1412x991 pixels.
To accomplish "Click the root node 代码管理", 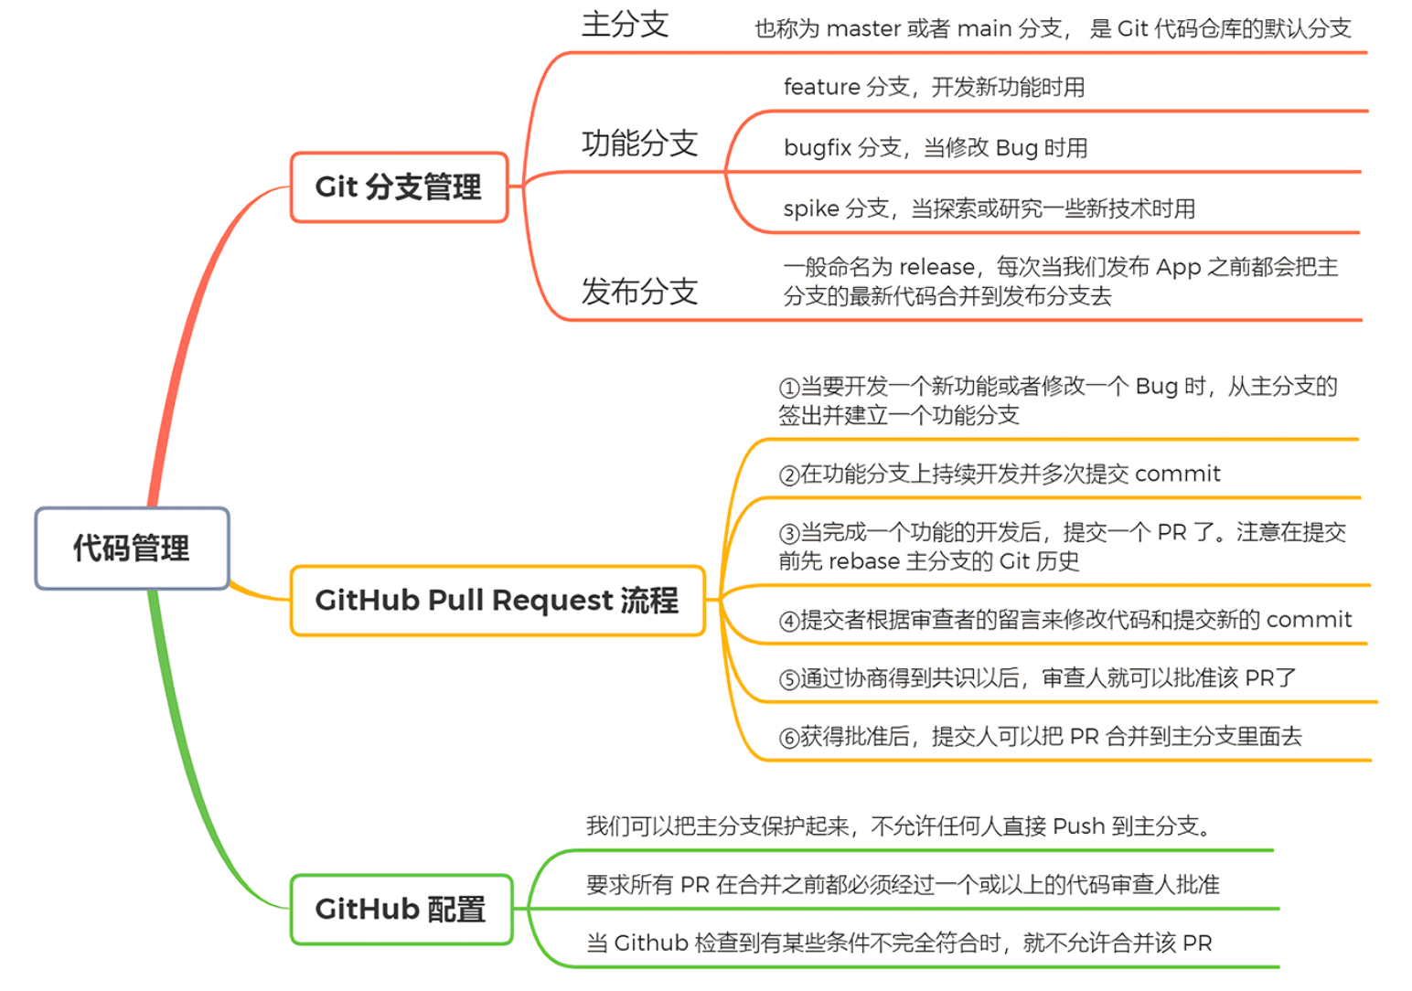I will click(x=132, y=549).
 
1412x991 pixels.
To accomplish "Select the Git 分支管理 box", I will click(x=399, y=187).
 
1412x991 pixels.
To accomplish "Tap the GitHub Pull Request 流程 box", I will click(x=497, y=601).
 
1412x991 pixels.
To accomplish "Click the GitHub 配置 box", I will click(x=401, y=910).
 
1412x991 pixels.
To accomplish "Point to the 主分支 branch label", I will click(x=626, y=25).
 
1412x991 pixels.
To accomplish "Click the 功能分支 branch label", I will click(x=640, y=144).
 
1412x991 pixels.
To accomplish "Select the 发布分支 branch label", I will click(x=640, y=292).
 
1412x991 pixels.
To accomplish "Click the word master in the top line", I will click(x=864, y=29).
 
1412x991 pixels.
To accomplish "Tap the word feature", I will click(x=821, y=88).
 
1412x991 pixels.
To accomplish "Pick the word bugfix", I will click(x=818, y=148).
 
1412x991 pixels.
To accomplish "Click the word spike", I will click(x=811, y=209).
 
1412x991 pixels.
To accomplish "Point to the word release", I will click(x=937, y=268).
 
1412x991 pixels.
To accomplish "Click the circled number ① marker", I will click(x=789, y=388).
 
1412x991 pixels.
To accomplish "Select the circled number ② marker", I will click(x=789, y=475).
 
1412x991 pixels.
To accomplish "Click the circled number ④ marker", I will click(x=789, y=622).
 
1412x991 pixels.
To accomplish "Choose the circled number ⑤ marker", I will click(x=789, y=679).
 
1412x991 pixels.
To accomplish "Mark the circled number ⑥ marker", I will click(x=789, y=738).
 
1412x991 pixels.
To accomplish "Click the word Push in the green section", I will click(x=1079, y=827).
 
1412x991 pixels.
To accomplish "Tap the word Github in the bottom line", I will click(x=650, y=943).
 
